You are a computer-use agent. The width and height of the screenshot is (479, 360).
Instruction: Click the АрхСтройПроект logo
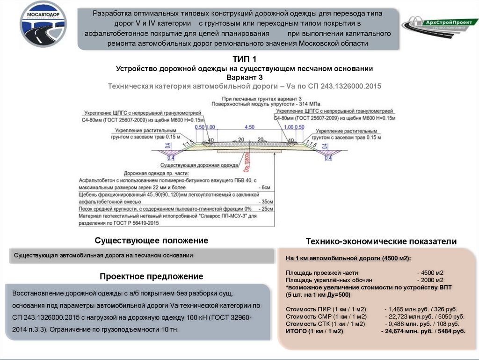[x=438, y=24]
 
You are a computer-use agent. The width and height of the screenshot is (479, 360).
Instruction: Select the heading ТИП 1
[x=244, y=59]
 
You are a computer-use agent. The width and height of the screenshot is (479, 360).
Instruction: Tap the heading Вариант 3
[x=244, y=77]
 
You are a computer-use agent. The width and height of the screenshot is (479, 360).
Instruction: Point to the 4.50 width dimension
[x=249, y=127]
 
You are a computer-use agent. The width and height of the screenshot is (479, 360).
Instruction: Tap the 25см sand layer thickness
[x=267, y=209]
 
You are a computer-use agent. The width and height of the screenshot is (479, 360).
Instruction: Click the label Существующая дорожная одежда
[x=199, y=165]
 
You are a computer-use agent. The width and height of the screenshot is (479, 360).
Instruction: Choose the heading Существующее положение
[x=151, y=241]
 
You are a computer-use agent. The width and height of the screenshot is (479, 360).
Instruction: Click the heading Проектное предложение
[x=151, y=277]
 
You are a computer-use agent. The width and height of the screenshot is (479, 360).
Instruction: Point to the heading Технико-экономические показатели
[x=380, y=242]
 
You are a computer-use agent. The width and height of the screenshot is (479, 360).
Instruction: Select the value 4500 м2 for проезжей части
[x=431, y=272]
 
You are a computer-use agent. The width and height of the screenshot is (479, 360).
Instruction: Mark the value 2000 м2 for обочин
[x=431, y=280]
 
